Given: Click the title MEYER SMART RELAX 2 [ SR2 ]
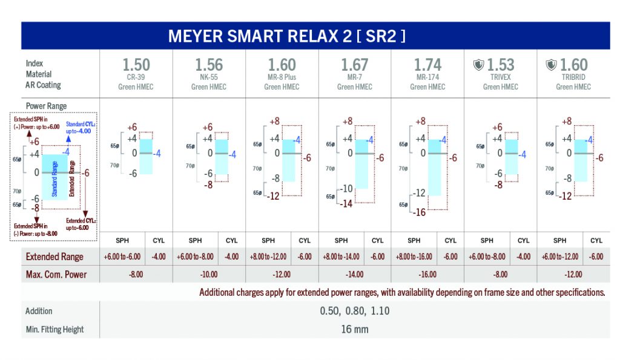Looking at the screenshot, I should [x=287, y=36].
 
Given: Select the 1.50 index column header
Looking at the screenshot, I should [x=136, y=65].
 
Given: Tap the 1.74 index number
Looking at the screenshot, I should [x=427, y=65].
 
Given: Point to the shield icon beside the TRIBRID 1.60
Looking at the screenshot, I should [x=551, y=65].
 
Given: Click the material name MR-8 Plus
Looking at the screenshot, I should [x=282, y=77].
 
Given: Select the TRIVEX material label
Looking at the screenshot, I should [x=500, y=77].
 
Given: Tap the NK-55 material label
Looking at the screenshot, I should [x=209, y=77].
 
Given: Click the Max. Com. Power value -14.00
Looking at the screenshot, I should [x=354, y=274].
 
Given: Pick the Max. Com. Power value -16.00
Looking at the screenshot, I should [x=427, y=274].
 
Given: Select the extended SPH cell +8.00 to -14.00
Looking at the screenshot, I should [x=341, y=257].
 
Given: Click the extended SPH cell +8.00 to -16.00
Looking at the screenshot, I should [x=414, y=257].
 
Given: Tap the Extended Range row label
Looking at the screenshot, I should [x=54, y=257].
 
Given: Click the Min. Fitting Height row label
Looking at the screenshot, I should [x=54, y=329].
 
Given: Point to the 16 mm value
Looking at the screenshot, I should [x=354, y=329].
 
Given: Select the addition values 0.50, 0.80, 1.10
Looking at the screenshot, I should [x=354, y=311].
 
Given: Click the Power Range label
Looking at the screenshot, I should [x=46, y=106].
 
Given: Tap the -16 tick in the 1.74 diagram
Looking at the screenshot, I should [x=419, y=212].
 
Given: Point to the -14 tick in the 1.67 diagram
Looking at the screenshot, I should [x=347, y=204].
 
